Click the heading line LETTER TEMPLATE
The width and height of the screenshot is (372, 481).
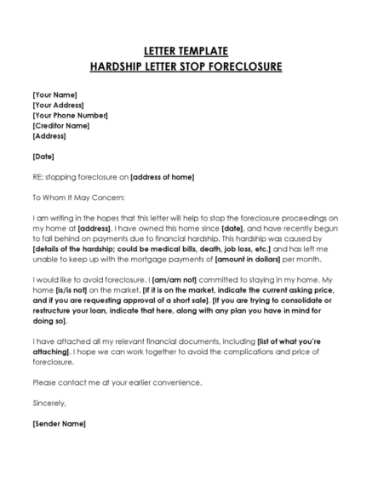pyautogui.click(x=186, y=51)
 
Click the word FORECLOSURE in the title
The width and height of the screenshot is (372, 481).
pyautogui.click(x=244, y=66)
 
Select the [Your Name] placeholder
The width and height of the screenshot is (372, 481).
pyautogui.click(x=54, y=94)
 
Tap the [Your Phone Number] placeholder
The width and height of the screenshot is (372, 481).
pyautogui.click(x=70, y=114)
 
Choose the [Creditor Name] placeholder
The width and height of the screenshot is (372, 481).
pyautogui.click(x=61, y=125)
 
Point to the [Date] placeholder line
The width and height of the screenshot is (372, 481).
pyautogui.click(x=43, y=156)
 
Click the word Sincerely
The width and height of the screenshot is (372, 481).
pyautogui.click(x=49, y=403)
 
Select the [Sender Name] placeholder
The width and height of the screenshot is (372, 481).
pyautogui.click(x=59, y=423)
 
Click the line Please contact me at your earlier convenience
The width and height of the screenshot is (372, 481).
pyautogui.click(x=117, y=382)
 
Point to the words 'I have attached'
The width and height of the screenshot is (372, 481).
pyautogui.click(x=58, y=341)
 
